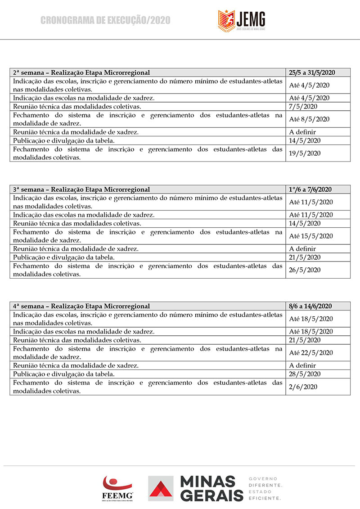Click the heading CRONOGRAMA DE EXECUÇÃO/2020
105,20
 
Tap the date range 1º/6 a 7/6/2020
310,189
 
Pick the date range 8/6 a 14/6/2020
311,306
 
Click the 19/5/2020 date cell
305,153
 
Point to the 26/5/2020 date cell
305,270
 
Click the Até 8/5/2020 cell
309,119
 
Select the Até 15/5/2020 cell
311,236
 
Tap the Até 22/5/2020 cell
311,353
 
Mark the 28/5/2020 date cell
305,374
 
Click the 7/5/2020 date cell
303,107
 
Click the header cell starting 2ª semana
81,72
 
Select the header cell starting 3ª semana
81,189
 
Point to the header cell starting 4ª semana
81,306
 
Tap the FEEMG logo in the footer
118,488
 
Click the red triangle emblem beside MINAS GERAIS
161,489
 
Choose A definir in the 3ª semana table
303,249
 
